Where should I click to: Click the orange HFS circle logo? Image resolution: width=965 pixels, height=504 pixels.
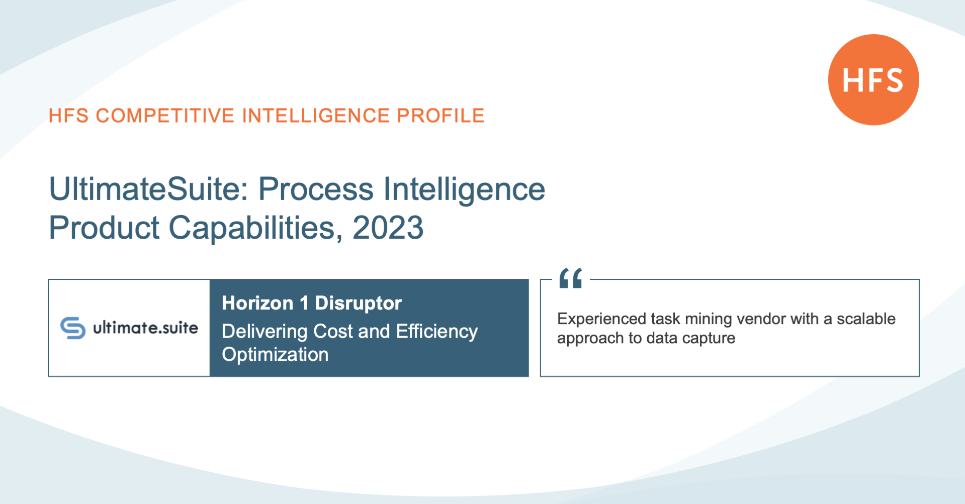[873, 79]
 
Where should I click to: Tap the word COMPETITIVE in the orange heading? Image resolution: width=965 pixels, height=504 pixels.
[165, 116]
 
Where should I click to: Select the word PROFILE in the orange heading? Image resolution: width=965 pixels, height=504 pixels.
[441, 116]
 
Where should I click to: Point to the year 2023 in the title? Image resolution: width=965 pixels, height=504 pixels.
[388, 228]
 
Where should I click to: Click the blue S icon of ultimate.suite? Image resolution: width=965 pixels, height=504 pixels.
[73, 328]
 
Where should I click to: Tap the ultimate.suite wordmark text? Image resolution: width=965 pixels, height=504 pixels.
[146, 328]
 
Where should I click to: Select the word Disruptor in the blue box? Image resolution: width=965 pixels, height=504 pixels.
[358, 304]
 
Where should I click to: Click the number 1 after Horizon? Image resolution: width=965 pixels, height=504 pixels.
[304, 303]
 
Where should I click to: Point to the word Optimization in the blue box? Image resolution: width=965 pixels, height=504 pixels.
[275, 355]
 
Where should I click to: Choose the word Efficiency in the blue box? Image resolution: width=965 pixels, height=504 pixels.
[437, 332]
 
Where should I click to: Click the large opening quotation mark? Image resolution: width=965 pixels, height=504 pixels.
[571, 278]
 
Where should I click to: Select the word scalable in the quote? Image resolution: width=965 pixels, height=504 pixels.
[866, 319]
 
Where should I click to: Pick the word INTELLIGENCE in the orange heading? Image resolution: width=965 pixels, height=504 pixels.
[316, 116]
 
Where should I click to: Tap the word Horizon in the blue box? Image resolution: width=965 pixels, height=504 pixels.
[257, 304]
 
